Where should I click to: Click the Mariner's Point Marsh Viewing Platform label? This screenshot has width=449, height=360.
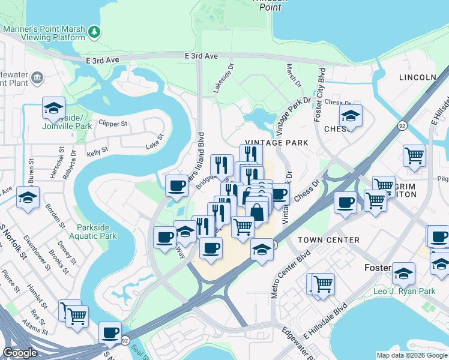coord(44,32)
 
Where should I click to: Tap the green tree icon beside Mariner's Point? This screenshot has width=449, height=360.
coord(94,31)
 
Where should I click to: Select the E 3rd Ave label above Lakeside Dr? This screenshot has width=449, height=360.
coord(201,55)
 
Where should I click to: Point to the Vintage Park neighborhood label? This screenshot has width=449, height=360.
coord(276,143)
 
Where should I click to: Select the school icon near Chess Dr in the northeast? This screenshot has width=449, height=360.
coord(351,115)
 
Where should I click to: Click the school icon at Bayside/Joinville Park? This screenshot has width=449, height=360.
coord(53,109)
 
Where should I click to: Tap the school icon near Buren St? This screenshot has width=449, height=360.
coord(28,197)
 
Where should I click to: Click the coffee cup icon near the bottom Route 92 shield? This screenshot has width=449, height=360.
coord(110,332)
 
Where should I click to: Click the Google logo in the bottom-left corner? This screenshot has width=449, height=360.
coord(20,353)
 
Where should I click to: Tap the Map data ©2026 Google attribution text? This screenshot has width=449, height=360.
coord(412,355)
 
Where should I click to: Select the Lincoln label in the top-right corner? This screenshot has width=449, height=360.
coord(417,77)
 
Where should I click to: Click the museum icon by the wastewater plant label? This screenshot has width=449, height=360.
coord(37,77)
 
